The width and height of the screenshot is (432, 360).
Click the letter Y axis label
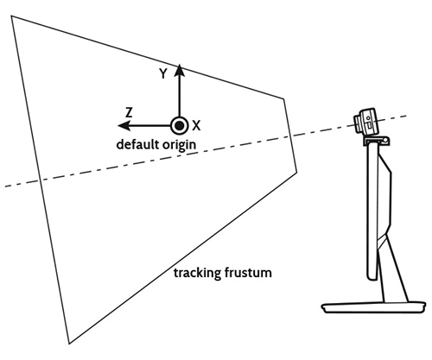tap(163, 73)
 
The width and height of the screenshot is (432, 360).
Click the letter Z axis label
tap(129, 112)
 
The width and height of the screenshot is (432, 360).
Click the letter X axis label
tap(196, 126)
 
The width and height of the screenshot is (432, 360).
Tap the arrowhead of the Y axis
tap(180, 70)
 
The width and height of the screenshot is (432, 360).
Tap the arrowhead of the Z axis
tap(124, 126)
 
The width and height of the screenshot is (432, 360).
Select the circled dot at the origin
tap(179, 126)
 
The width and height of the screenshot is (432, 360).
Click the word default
tap(137, 144)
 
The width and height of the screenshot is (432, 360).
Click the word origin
tap(179, 145)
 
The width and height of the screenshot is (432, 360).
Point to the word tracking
tap(197, 273)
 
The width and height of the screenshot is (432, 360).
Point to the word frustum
tap(248, 272)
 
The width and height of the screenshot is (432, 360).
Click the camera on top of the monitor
tap(365, 121)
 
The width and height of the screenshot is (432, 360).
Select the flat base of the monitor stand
tap(373, 307)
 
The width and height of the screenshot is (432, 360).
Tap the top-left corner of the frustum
tap(11, 16)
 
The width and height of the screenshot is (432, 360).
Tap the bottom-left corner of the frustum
tap(69, 344)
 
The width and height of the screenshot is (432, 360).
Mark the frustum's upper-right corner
tap(284, 98)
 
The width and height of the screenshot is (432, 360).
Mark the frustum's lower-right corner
tap(297, 173)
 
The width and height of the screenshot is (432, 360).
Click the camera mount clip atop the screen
tap(377, 141)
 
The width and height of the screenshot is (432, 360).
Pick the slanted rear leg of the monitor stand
tap(397, 269)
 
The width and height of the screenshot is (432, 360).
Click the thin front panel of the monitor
tap(372, 212)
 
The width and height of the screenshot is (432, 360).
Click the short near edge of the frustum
tap(290, 136)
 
